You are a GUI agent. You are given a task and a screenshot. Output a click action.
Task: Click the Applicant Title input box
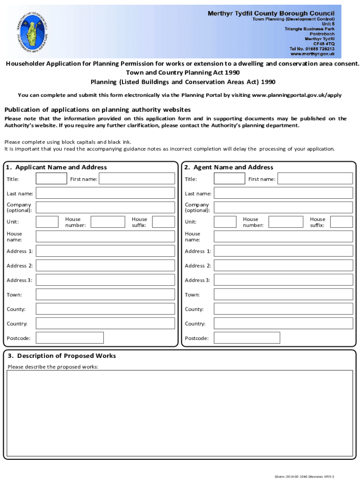click(51, 179)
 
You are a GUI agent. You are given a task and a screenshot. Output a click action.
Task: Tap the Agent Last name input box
click(283, 193)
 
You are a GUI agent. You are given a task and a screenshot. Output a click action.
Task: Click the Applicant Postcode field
click(70, 338)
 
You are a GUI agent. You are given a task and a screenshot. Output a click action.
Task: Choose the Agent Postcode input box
click(247, 338)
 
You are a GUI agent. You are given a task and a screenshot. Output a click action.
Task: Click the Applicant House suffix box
click(164, 222)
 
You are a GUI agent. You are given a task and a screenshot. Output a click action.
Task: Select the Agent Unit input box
click(225, 222)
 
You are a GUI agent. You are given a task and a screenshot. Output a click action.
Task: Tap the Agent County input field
click(283, 309)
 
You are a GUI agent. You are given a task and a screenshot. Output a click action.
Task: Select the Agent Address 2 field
click(283, 265)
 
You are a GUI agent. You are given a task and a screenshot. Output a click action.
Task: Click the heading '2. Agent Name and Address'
click(229, 167)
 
